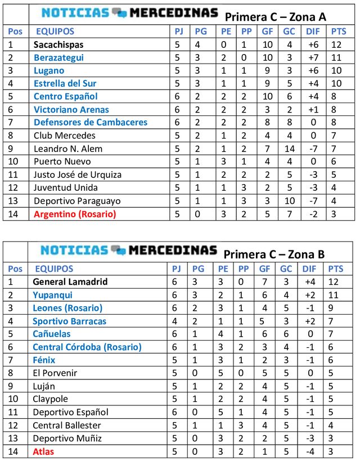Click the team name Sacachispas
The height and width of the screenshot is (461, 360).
pos(58,44)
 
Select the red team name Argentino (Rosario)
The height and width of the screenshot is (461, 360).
pos(74,214)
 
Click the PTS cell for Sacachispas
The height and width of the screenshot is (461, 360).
pos(337,44)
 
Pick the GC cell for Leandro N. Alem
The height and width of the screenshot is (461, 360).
pos(288,149)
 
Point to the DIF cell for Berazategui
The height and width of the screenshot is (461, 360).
pos(313,57)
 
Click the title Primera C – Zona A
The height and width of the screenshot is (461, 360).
pos(275,17)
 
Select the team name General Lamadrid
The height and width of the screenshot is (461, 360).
pos(70,281)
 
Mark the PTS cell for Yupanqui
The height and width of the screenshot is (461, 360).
pos(336,294)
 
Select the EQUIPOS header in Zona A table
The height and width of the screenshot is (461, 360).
pos(55,32)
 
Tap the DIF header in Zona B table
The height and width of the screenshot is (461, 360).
pos(311,268)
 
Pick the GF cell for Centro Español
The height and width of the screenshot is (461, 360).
pos(267,96)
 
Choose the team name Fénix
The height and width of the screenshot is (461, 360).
pos(44,360)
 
